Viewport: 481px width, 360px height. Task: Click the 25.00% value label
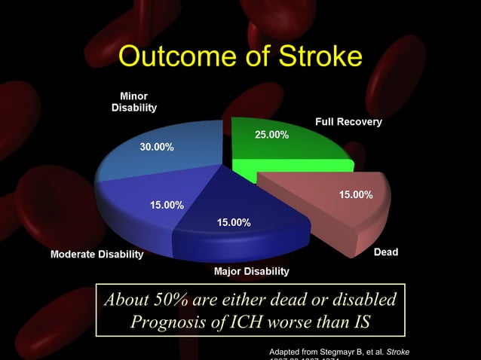(271, 135)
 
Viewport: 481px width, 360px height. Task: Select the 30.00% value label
(157, 147)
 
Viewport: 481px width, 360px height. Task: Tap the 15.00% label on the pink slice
(355, 194)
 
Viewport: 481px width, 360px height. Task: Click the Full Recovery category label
(348, 122)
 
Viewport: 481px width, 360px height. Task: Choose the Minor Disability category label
(134, 102)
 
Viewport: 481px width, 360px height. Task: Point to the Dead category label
(386, 252)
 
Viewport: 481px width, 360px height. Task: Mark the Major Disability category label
(252, 270)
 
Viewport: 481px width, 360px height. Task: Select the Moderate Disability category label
(97, 255)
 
